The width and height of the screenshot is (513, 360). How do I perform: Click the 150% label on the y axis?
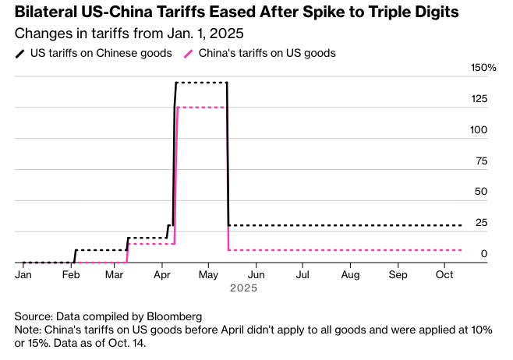483,68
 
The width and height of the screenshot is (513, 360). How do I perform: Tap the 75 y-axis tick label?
481,161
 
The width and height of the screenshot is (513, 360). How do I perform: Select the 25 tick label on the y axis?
480,223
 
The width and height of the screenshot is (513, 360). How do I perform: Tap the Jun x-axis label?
256,274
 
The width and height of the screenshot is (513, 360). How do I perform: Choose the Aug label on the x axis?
350,274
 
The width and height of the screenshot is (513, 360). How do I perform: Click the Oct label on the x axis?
444,274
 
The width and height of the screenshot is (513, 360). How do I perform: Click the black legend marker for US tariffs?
19,54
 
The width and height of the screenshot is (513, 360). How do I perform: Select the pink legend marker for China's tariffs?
188,54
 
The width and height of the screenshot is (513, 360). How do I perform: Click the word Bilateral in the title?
44,13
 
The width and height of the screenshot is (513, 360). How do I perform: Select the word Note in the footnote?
28,330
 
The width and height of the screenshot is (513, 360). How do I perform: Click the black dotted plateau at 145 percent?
201,82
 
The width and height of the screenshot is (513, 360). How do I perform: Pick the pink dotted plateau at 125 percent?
201,107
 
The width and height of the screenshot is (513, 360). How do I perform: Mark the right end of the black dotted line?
462,225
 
